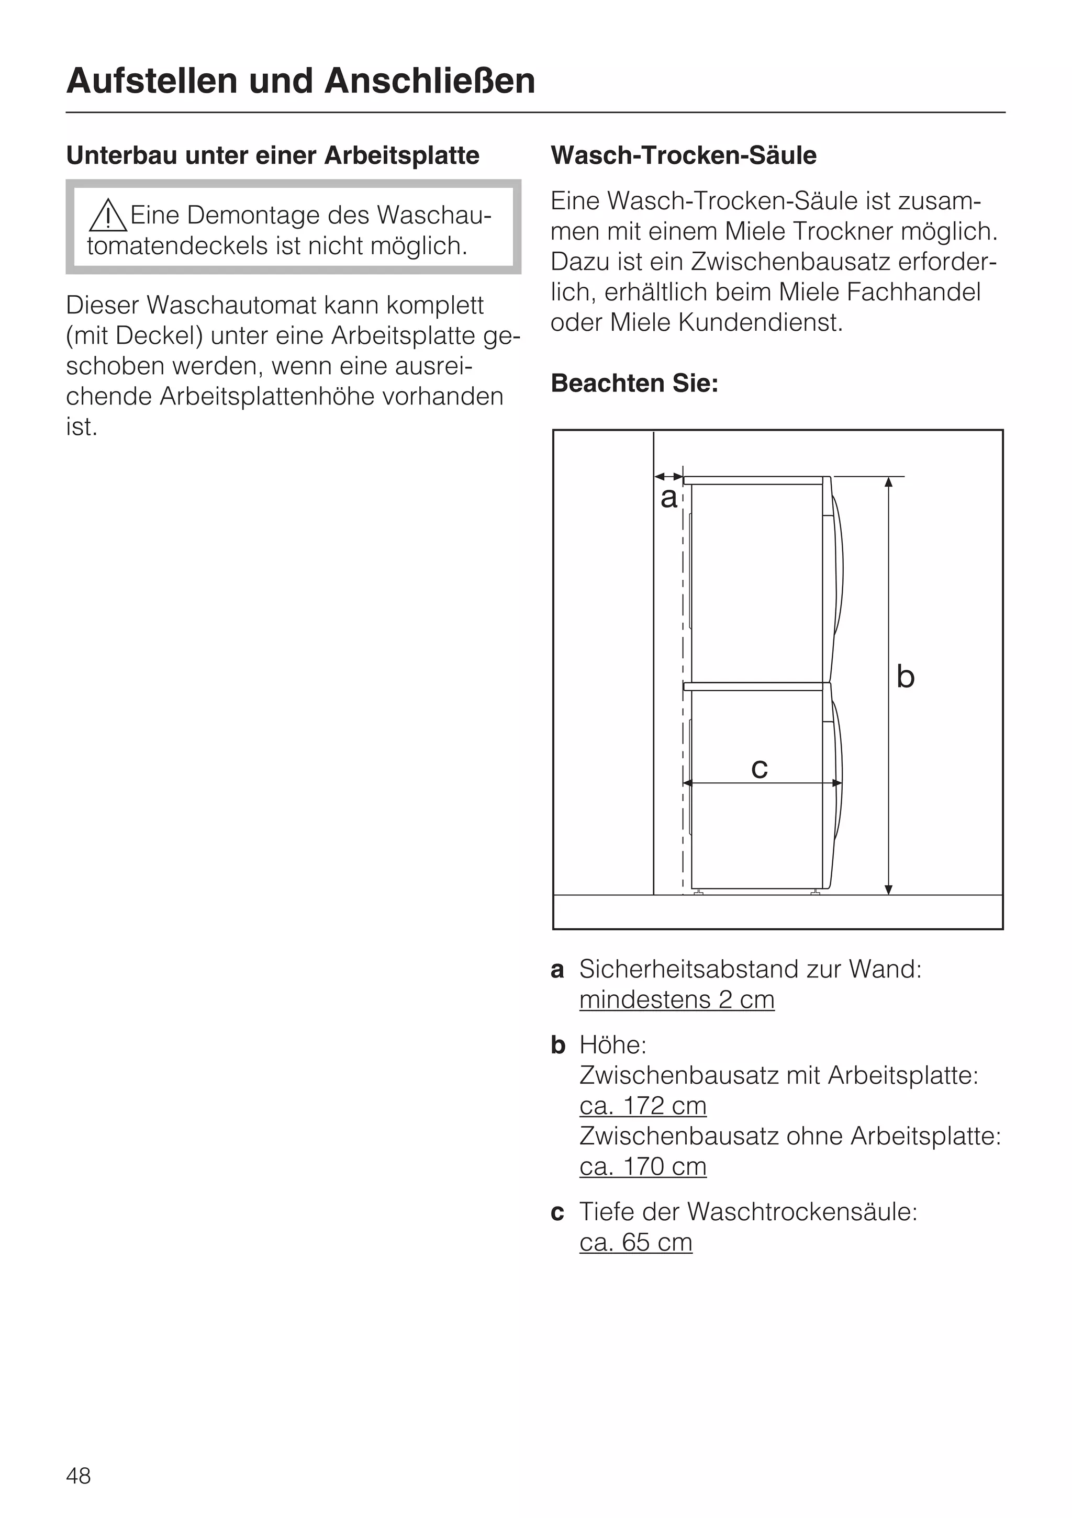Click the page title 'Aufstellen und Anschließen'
(300, 81)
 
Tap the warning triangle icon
(108, 216)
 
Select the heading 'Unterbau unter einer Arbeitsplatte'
(273, 156)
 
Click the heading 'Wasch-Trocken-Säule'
(683, 155)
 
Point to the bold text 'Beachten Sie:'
(634, 384)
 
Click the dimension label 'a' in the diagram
(668, 498)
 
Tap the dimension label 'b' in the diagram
(904, 677)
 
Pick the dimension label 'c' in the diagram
(759, 768)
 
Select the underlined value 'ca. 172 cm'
(643, 1106)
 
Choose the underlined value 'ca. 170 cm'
(643, 1166)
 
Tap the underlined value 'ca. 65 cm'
(635, 1242)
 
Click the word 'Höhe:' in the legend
(612, 1045)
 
